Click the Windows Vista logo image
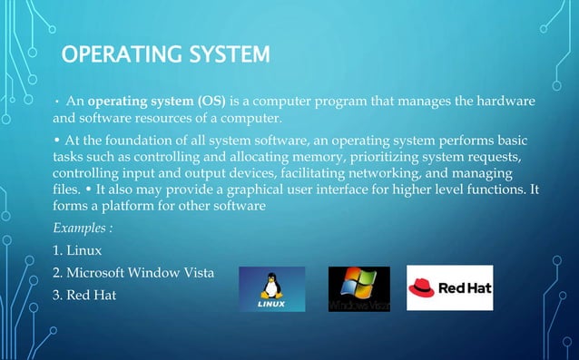point(358,288)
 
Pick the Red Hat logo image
point(449,288)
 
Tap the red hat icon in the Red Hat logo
point(423,288)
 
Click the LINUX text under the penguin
point(271,304)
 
